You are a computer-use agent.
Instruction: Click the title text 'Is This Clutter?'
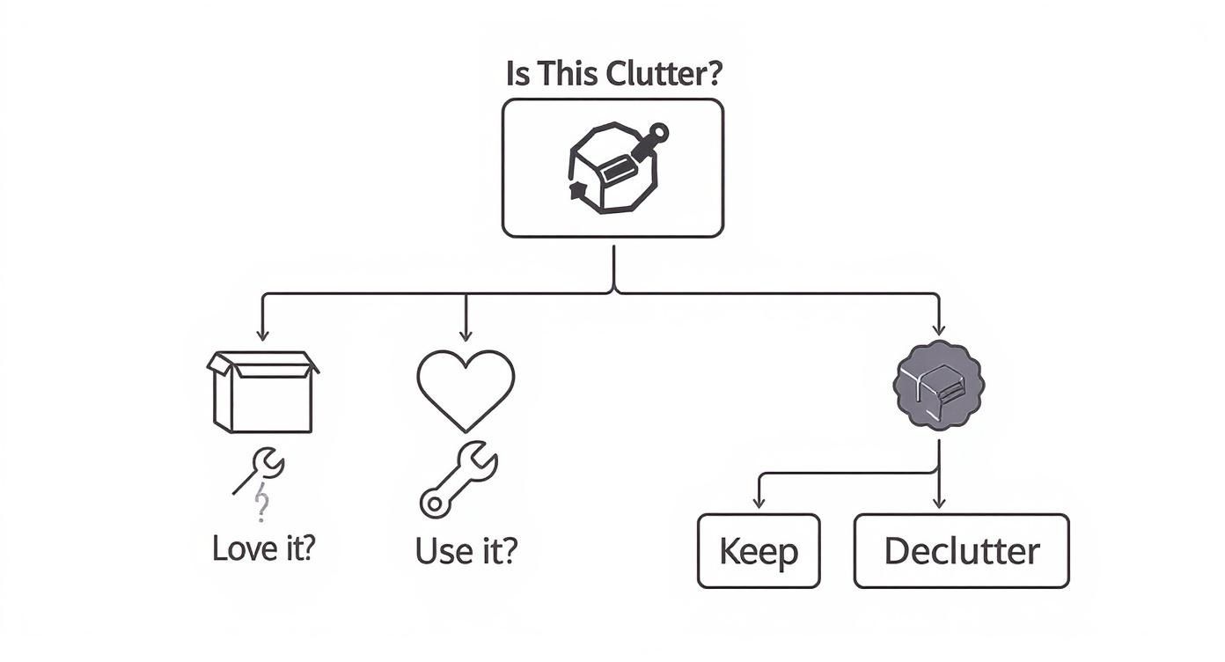[x=613, y=74]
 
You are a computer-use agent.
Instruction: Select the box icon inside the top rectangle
[x=612, y=167]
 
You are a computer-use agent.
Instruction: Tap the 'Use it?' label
[x=466, y=551]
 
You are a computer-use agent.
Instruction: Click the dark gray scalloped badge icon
[x=938, y=385]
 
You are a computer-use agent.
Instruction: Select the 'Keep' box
[x=758, y=551]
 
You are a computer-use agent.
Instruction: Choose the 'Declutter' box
[x=961, y=551]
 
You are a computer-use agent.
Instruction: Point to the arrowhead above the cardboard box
[x=261, y=335]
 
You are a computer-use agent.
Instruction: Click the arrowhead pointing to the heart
[x=466, y=335]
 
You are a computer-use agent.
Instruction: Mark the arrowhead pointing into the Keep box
[x=758, y=504]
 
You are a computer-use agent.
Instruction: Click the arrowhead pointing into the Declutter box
[x=938, y=504]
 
